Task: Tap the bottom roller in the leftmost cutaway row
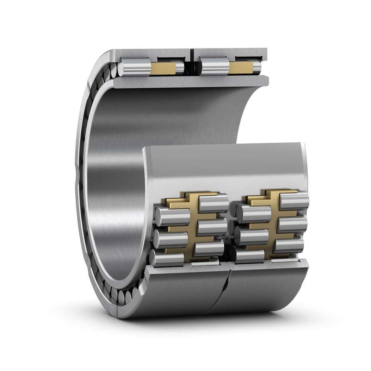166,258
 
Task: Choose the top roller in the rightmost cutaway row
294,201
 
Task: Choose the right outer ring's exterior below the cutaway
269,287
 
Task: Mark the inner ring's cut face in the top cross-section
186,81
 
